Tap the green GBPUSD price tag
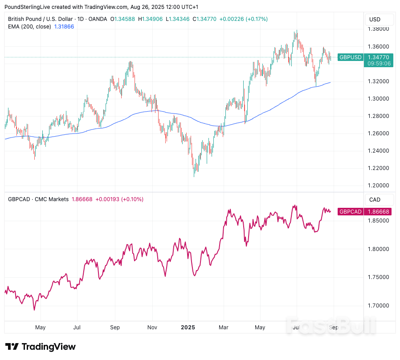click(x=350, y=57)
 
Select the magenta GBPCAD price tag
click(x=350, y=212)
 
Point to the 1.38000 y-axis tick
click(x=378, y=29)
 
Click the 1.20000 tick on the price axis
click(x=378, y=186)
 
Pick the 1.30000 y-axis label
click(x=378, y=98)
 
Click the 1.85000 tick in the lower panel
click(x=378, y=221)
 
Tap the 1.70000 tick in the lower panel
click(x=378, y=306)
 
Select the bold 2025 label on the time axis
click(x=188, y=328)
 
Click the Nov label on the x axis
click(x=152, y=328)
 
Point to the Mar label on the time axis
click(x=223, y=328)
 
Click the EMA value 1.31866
click(x=64, y=27)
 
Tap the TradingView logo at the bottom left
click(x=41, y=347)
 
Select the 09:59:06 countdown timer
click(x=379, y=64)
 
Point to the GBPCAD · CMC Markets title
click(x=38, y=199)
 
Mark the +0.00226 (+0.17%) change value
click(x=244, y=19)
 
